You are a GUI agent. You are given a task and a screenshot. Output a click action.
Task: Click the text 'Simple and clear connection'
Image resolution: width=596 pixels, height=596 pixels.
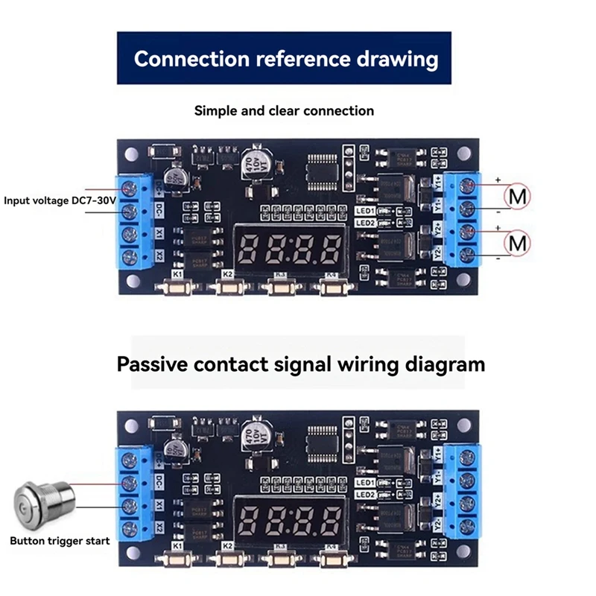(x=284, y=111)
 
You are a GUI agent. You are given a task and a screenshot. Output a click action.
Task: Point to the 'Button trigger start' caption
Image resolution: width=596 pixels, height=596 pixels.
(x=59, y=541)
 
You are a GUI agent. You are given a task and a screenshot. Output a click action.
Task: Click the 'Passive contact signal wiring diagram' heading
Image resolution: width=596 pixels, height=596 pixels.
(x=300, y=364)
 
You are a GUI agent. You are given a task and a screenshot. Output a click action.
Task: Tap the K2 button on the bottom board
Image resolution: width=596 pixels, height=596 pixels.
(x=229, y=557)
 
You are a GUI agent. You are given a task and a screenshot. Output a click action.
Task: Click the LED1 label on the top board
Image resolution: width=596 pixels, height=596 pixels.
(x=364, y=211)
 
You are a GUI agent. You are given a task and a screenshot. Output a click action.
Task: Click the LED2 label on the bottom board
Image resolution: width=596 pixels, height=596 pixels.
(x=364, y=495)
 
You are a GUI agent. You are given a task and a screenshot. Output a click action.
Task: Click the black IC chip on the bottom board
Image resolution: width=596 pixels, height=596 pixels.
(x=323, y=440)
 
